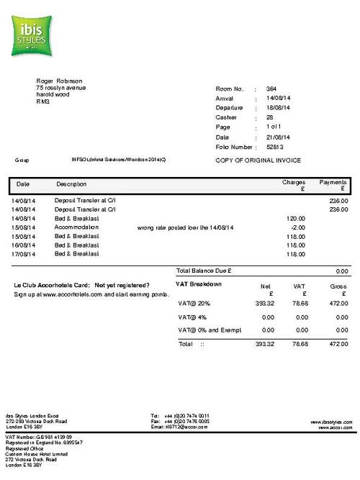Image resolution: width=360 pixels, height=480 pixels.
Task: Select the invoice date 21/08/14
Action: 276,137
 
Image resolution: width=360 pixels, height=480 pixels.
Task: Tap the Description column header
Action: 71,184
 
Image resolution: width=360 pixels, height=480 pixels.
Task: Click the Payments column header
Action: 333,183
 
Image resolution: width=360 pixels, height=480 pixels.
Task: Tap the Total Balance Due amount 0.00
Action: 342,271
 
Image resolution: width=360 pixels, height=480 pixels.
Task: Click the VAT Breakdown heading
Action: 199,284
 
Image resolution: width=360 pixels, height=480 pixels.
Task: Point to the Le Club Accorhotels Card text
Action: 53,285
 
